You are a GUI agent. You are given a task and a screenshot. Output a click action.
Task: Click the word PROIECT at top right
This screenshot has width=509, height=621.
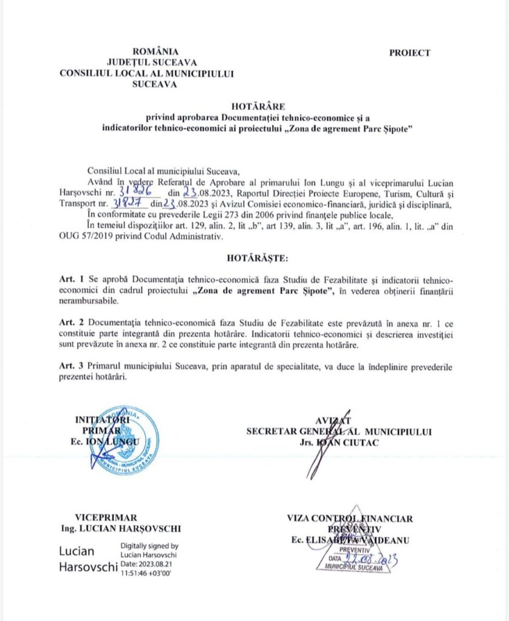(409, 53)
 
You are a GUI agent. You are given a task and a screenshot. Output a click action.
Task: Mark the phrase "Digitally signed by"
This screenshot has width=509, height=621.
(149, 545)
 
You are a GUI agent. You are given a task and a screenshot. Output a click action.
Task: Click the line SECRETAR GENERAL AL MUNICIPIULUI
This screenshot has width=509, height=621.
(339, 432)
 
